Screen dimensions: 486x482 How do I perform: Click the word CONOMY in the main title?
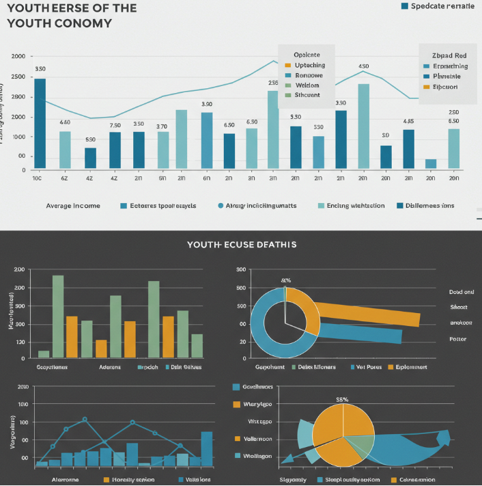click(79, 23)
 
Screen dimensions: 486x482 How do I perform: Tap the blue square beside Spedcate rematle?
click(405, 6)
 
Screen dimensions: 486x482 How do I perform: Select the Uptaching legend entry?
click(306, 64)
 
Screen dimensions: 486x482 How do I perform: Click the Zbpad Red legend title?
click(449, 55)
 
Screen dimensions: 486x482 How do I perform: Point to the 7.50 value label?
click(115, 125)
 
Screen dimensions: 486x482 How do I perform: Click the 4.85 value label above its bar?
click(408, 122)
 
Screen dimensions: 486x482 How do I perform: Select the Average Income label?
click(73, 205)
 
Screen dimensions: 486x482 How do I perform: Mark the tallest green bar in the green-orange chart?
click(58, 316)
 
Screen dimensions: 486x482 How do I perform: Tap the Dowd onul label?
click(462, 292)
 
